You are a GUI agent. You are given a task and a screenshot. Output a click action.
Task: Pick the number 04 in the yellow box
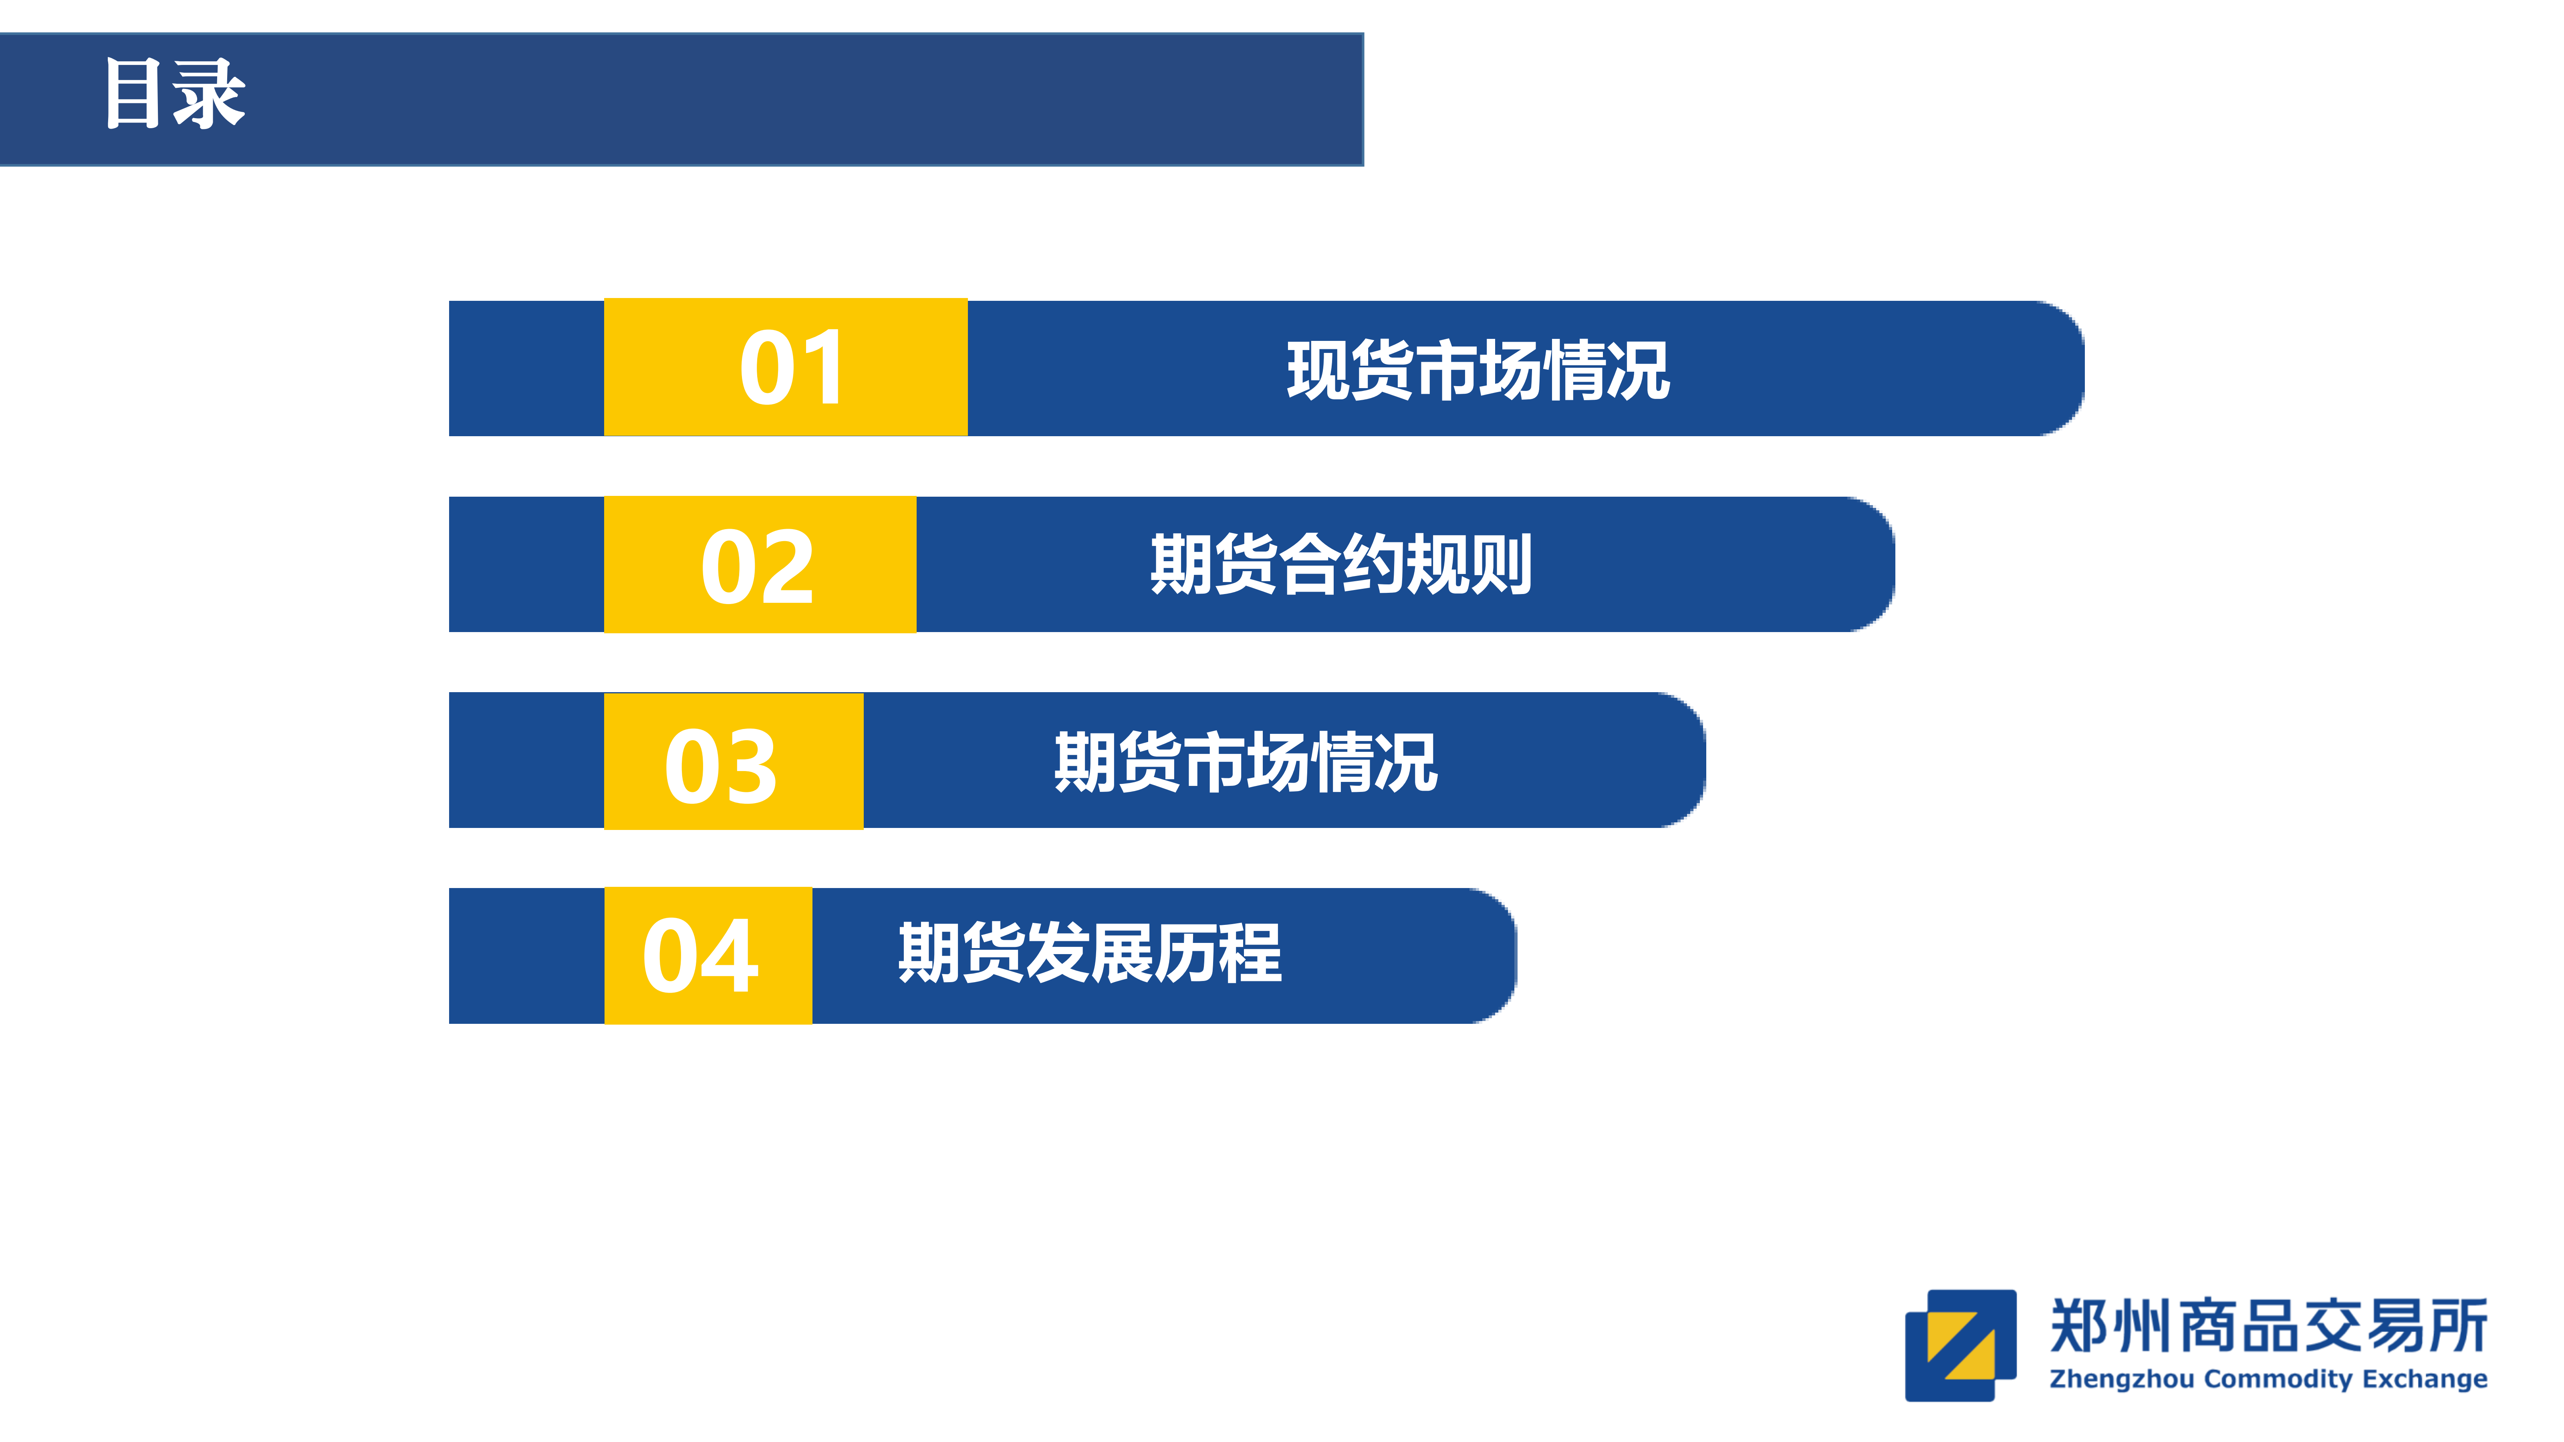[701, 955]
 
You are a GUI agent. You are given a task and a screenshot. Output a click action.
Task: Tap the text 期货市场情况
[1246, 762]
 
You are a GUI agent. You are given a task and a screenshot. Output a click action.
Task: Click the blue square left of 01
[526, 368]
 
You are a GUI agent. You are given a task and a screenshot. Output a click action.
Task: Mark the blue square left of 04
[526, 955]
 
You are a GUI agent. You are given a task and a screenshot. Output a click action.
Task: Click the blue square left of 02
[526, 564]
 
